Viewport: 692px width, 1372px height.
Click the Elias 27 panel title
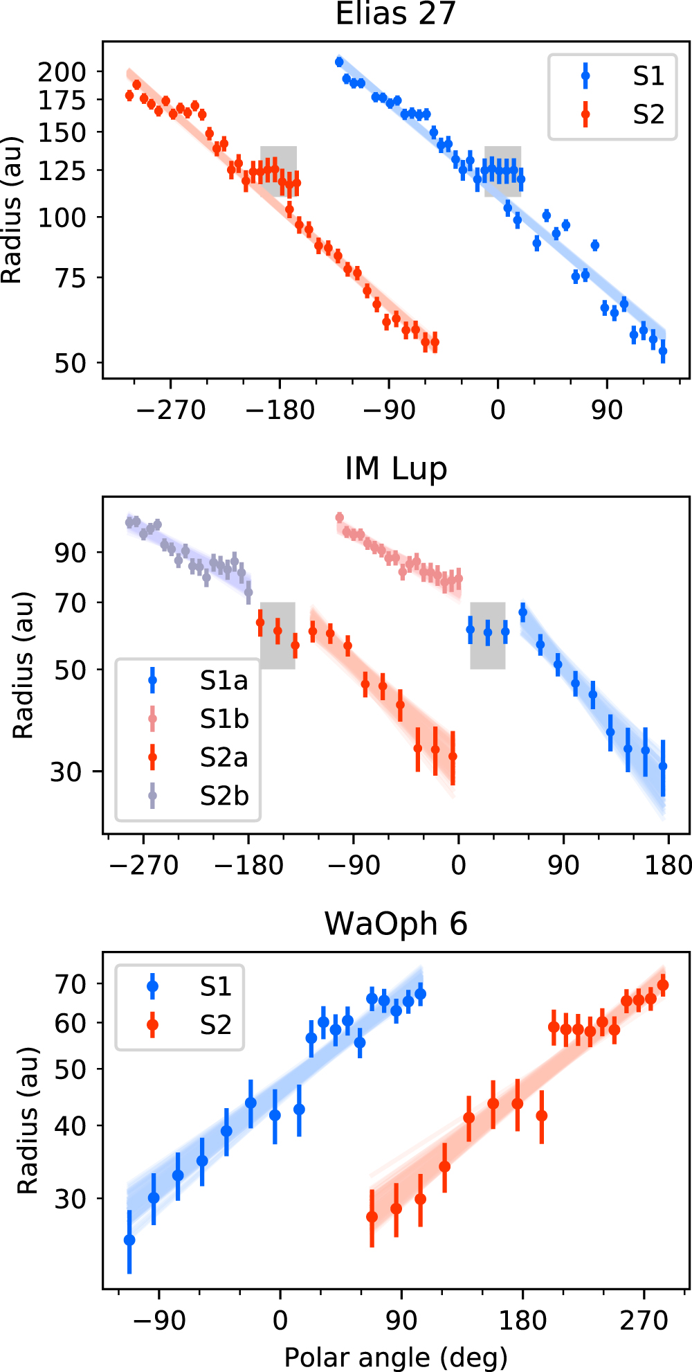coord(395,14)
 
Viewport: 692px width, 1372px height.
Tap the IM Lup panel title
coord(396,469)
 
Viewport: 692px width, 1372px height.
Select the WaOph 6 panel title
coord(396,924)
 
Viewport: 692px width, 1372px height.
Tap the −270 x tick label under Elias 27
coord(170,410)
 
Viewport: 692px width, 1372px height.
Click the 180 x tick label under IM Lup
coord(668,865)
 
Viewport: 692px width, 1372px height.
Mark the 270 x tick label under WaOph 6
coord(644,1321)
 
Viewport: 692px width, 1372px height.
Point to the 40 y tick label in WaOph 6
coord(70,1126)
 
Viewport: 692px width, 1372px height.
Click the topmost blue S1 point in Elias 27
coord(339,62)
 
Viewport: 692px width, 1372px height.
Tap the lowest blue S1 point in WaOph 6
coord(129,1240)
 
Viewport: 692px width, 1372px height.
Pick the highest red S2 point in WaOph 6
coord(662,985)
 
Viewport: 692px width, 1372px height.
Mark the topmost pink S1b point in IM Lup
coord(339,517)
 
